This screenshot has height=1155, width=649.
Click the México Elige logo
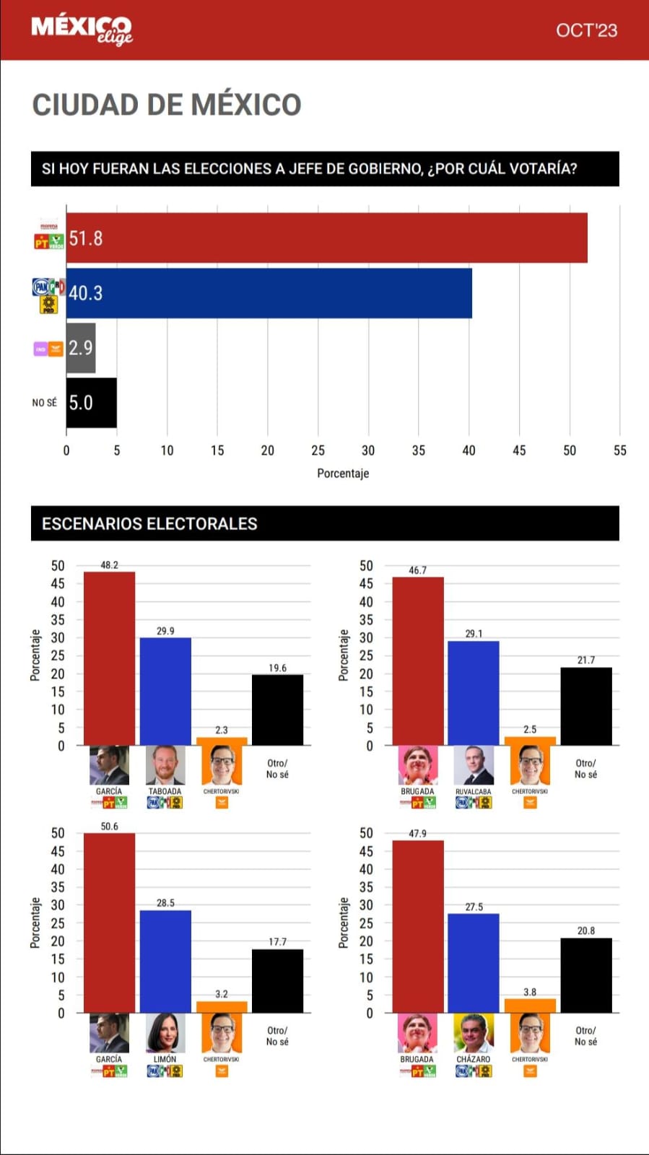pyautogui.click(x=82, y=30)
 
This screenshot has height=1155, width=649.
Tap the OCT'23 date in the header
pyautogui.click(x=586, y=30)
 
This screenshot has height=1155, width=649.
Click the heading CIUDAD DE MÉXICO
pyautogui.click(x=167, y=105)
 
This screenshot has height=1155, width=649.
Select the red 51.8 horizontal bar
pyautogui.click(x=326, y=237)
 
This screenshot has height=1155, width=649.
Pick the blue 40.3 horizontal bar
pyautogui.click(x=269, y=292)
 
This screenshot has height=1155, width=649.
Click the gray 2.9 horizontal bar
pyautogui.click(x=81, y=348)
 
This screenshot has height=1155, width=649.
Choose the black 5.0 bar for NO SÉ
pyautogui.click(x=92, y=402)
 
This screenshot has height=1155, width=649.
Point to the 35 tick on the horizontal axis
pyautogui.click(x=419, y=450)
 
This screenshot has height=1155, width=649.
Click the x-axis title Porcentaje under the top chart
pyautogui.click(x=343, y=474)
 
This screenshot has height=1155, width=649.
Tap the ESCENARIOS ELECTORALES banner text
pyautogui.click(x=149, y=523)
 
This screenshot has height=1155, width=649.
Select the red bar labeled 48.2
pyautogui.click(x=109, y=658)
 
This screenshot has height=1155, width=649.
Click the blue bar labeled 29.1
pyautogui.click(x=474, y=693)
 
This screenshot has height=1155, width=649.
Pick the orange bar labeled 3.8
pyautogui.click(x=530, y=1006)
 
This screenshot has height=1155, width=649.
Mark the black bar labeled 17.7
pyautogui.click(x=277, y=981)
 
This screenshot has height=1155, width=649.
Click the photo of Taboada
pyautogui.click(x=165, y=765)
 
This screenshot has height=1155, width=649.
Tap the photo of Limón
pyautogui.click(x=165, y=1033)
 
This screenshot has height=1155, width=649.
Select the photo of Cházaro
pyautogui.click(x=474, y=1033)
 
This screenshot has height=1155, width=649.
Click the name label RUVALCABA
pyautogui.click(x=474, y=792)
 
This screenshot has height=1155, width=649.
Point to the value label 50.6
pyautogui.click(x=109, y=827)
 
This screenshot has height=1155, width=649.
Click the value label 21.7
pyautogui.click(x=586, y=661)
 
